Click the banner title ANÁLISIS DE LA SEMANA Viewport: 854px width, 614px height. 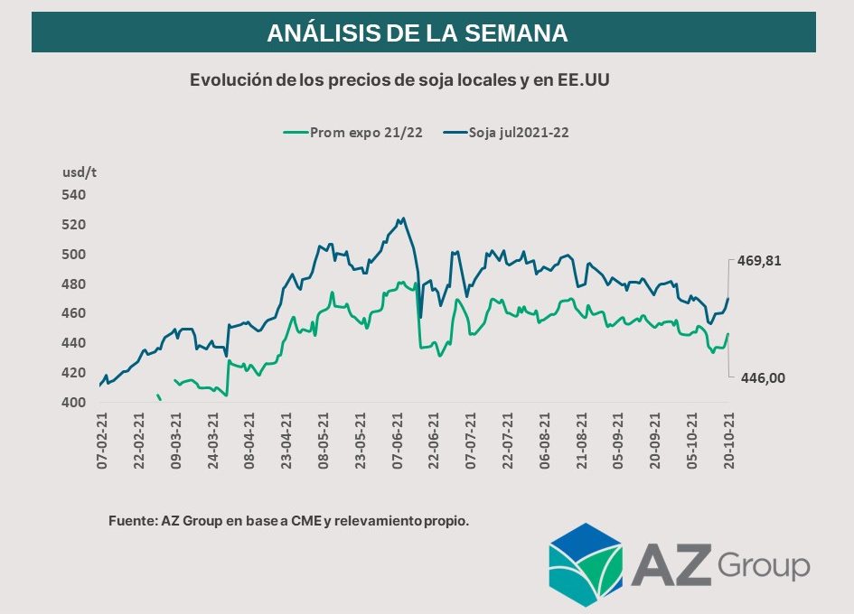[417, 33]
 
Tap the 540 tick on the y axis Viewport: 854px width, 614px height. [73, 195]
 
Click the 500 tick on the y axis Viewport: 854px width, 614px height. [73, 255]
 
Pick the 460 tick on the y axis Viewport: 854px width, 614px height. [73, 313]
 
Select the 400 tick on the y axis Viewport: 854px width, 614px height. [73, 403]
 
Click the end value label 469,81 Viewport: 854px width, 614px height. [759, 261]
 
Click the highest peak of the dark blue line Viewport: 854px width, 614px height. [402, 218]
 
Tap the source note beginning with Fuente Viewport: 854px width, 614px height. [288, 521]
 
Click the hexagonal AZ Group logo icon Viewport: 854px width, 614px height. [586, 563]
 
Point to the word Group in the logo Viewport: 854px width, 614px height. [764, 566]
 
